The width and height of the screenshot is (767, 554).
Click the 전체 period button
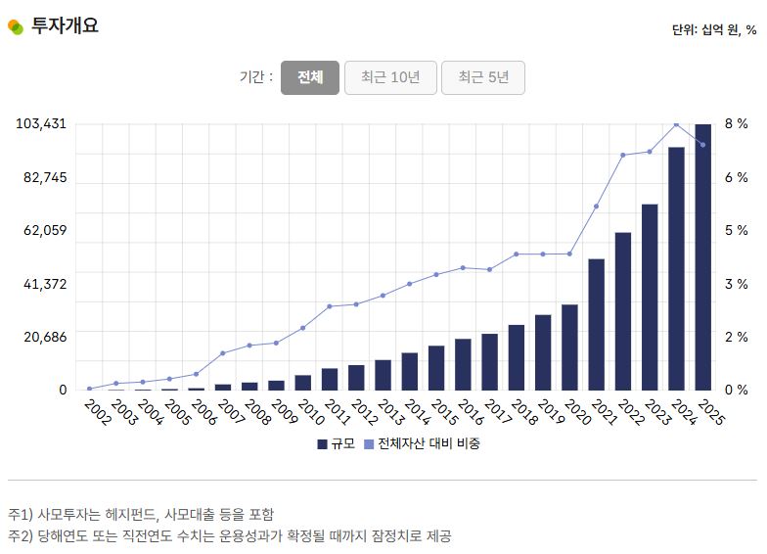pyautogui.click(x=310, y=78)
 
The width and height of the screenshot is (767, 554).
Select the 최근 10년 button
pyautogui.click(x=389, y=78)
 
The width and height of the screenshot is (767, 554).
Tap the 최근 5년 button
pyautogui.click(x=482, y=78)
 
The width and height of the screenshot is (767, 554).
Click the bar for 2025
pyautogui.click(x=703, y=256)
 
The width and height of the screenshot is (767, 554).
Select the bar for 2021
pyautogui.click(x=596, y=324)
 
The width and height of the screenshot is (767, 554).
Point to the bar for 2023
pyautogui.click(x=650, y=297)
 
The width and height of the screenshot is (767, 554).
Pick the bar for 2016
pyautogui.click(x=463, y=364)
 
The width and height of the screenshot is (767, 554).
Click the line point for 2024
pyautogui.click(x=676, y=124)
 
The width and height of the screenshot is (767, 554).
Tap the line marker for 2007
pyautogui.click(x=223, y=352)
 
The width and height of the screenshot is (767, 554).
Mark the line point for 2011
pyautogui.click(x=330, y=306)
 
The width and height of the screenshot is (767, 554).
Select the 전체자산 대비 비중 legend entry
pyautogui.click(x=422, y=443)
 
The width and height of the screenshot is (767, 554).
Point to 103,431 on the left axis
pyautogui.click(x=42, y=124)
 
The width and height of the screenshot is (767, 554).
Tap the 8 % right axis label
pyautogui.click(x=736, y=124)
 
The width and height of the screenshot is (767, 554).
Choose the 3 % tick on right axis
pyautogui.click(x=736, y=284)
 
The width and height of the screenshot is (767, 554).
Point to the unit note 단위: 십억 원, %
pyautogui.click(x=713, y=29)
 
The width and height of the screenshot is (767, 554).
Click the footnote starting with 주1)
pyautogui.click(x=141, y=514)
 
